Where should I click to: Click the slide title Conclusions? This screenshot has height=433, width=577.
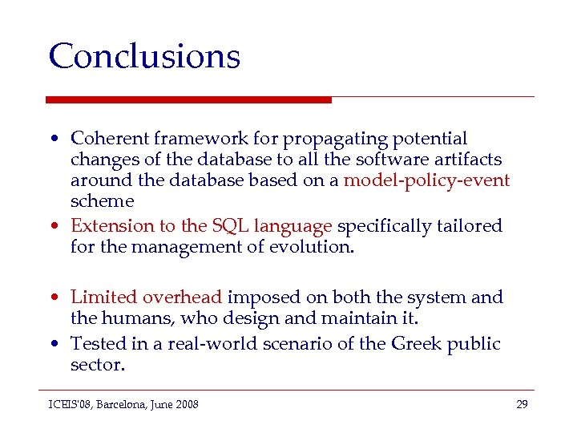144,56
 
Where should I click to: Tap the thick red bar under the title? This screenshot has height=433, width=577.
188,100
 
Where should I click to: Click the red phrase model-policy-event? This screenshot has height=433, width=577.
426,180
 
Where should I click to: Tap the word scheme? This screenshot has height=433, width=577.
102,201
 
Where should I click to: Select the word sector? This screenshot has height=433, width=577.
97,365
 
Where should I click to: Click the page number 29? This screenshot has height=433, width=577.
522,404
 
